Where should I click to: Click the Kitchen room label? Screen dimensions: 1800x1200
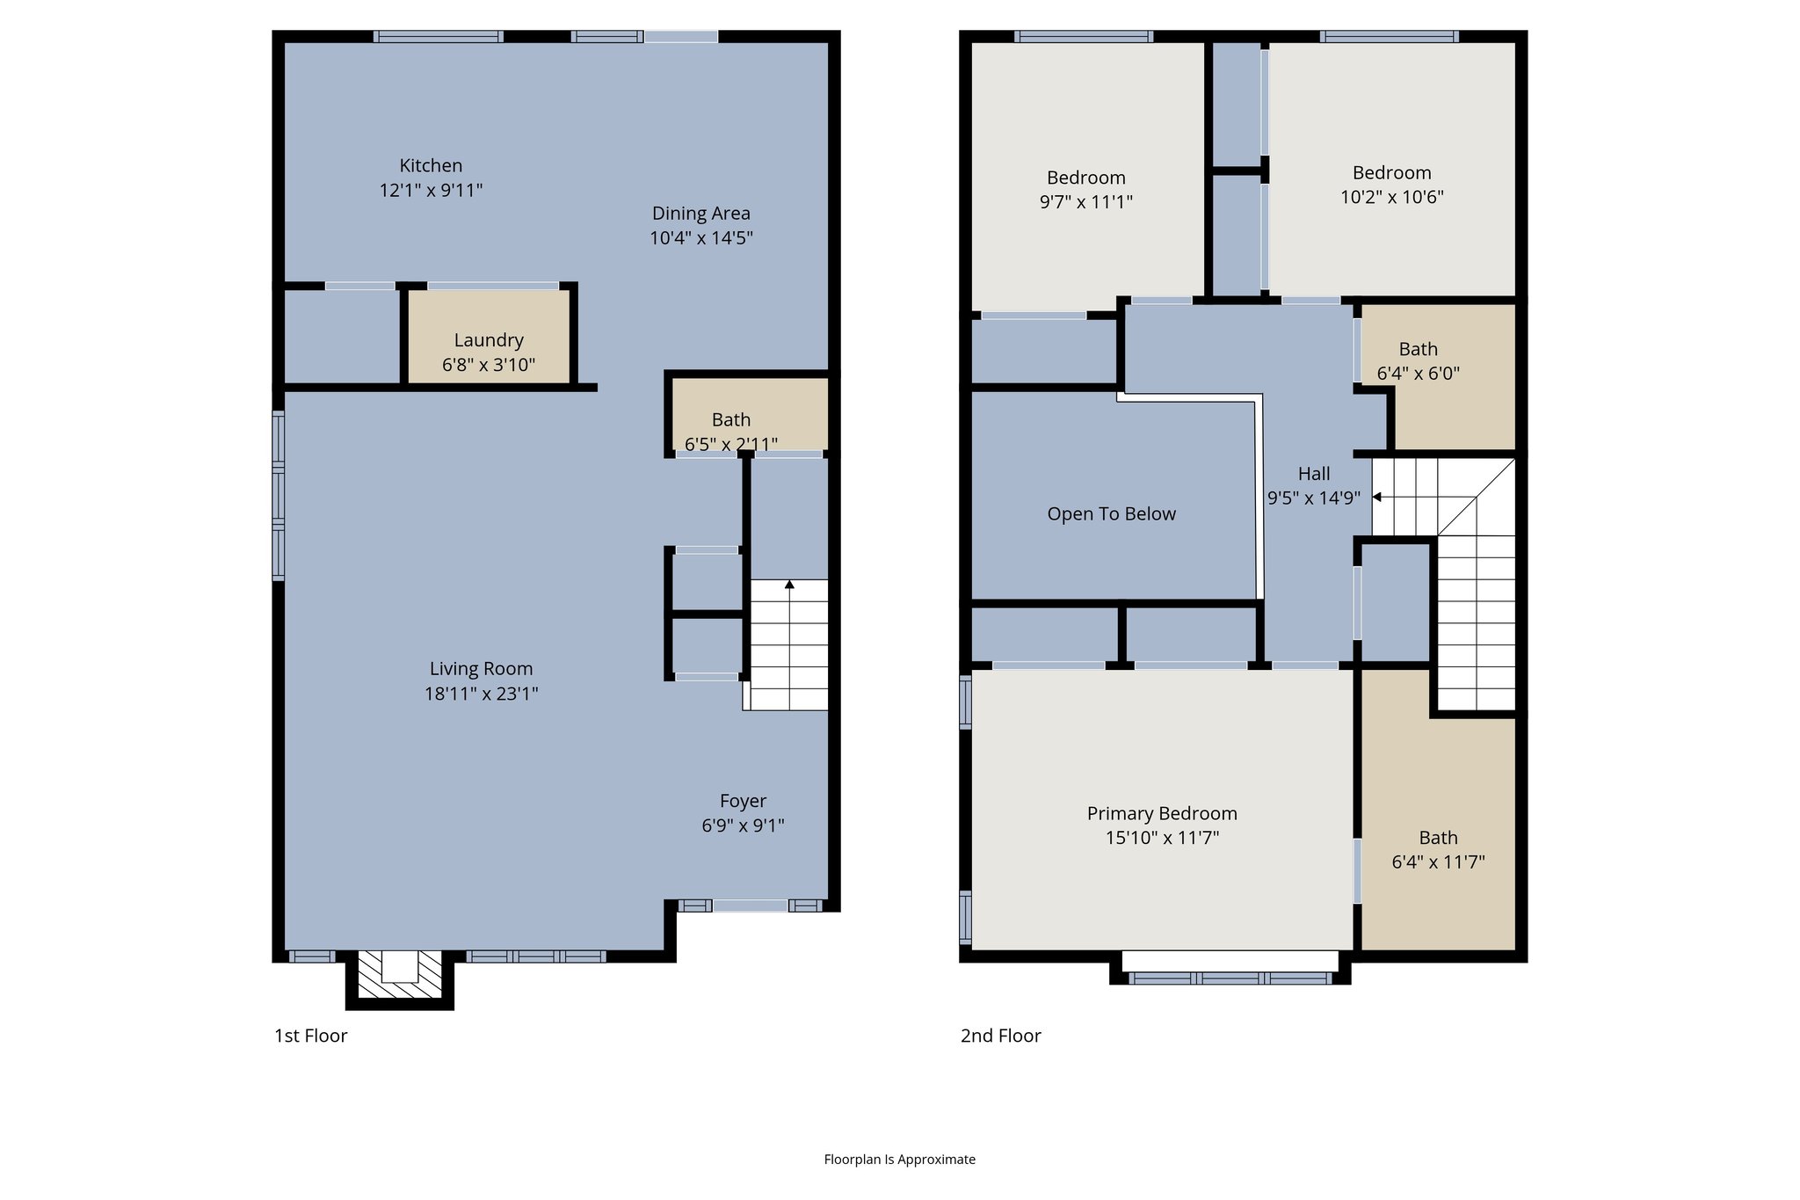[x=431, y=165]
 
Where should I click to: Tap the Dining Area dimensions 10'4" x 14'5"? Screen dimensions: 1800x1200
[x=700, y=238]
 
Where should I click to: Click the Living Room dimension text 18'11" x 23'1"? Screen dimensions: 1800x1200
[x=481, y=694]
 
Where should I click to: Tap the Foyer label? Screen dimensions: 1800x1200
[x=743, y=801]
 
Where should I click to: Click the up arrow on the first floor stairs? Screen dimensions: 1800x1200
[x=789, y=585]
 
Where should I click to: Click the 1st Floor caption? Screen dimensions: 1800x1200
[x=310, y=1036]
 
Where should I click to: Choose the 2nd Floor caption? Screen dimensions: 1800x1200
[x=1000, y=1036]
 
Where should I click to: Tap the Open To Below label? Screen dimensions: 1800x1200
[x=1111, y=514]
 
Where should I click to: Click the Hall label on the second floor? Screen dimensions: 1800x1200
[x=1314, y=474]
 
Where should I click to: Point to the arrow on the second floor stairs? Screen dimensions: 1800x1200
[x=1377, y=497]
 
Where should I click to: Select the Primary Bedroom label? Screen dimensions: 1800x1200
[x=1161, y=813]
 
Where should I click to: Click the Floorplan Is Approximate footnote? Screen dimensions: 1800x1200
[x=899, y=1160]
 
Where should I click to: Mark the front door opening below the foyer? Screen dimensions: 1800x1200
[x=750, y=906]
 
